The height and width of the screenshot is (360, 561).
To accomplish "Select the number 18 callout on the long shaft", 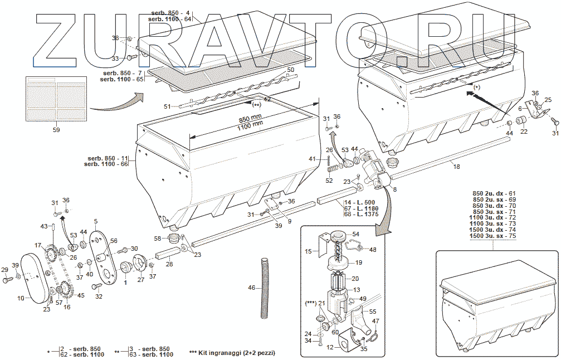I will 456,167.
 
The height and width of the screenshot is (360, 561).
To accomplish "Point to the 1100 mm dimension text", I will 250,126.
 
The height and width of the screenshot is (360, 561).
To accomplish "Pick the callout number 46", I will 251,288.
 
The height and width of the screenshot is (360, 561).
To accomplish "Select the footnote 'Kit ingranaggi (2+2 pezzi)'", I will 232,353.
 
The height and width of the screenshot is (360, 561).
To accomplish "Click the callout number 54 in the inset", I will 355,234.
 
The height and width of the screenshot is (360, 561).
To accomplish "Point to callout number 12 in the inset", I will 330,347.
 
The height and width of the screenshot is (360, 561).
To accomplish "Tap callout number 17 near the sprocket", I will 38,245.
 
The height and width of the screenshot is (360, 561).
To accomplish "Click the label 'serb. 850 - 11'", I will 108,158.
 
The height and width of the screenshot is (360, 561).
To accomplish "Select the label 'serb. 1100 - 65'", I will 121,80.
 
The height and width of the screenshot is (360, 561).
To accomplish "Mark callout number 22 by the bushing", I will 524,132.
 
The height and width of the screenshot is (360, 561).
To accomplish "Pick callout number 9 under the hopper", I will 290,221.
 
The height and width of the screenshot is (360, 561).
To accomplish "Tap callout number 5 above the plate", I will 96,221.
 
